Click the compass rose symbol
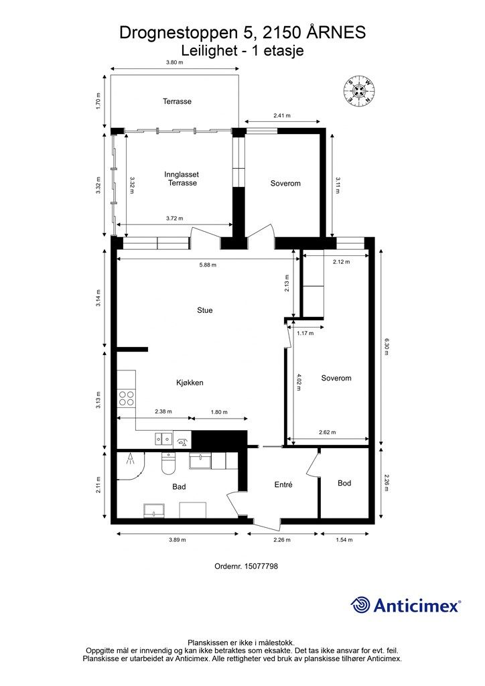[359, 91]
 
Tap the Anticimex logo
[406, 605]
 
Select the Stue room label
[205, 310]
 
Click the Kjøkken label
[190, 383]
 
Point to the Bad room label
[179, 487]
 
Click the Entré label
[283, 485]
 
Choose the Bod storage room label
[344, 483]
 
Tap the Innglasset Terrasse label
[182, 178]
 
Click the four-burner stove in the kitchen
[127, 399]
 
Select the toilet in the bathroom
[168, 464]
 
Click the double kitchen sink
[163, 438]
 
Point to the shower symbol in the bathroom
[130, 459]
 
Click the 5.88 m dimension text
[208, 265]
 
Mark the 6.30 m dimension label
[386, 347]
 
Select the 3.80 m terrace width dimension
[174, 62]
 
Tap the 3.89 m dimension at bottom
[178, 540]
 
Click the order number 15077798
[247, 566]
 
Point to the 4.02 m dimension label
[299, 382]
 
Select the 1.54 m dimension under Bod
[344, 540]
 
